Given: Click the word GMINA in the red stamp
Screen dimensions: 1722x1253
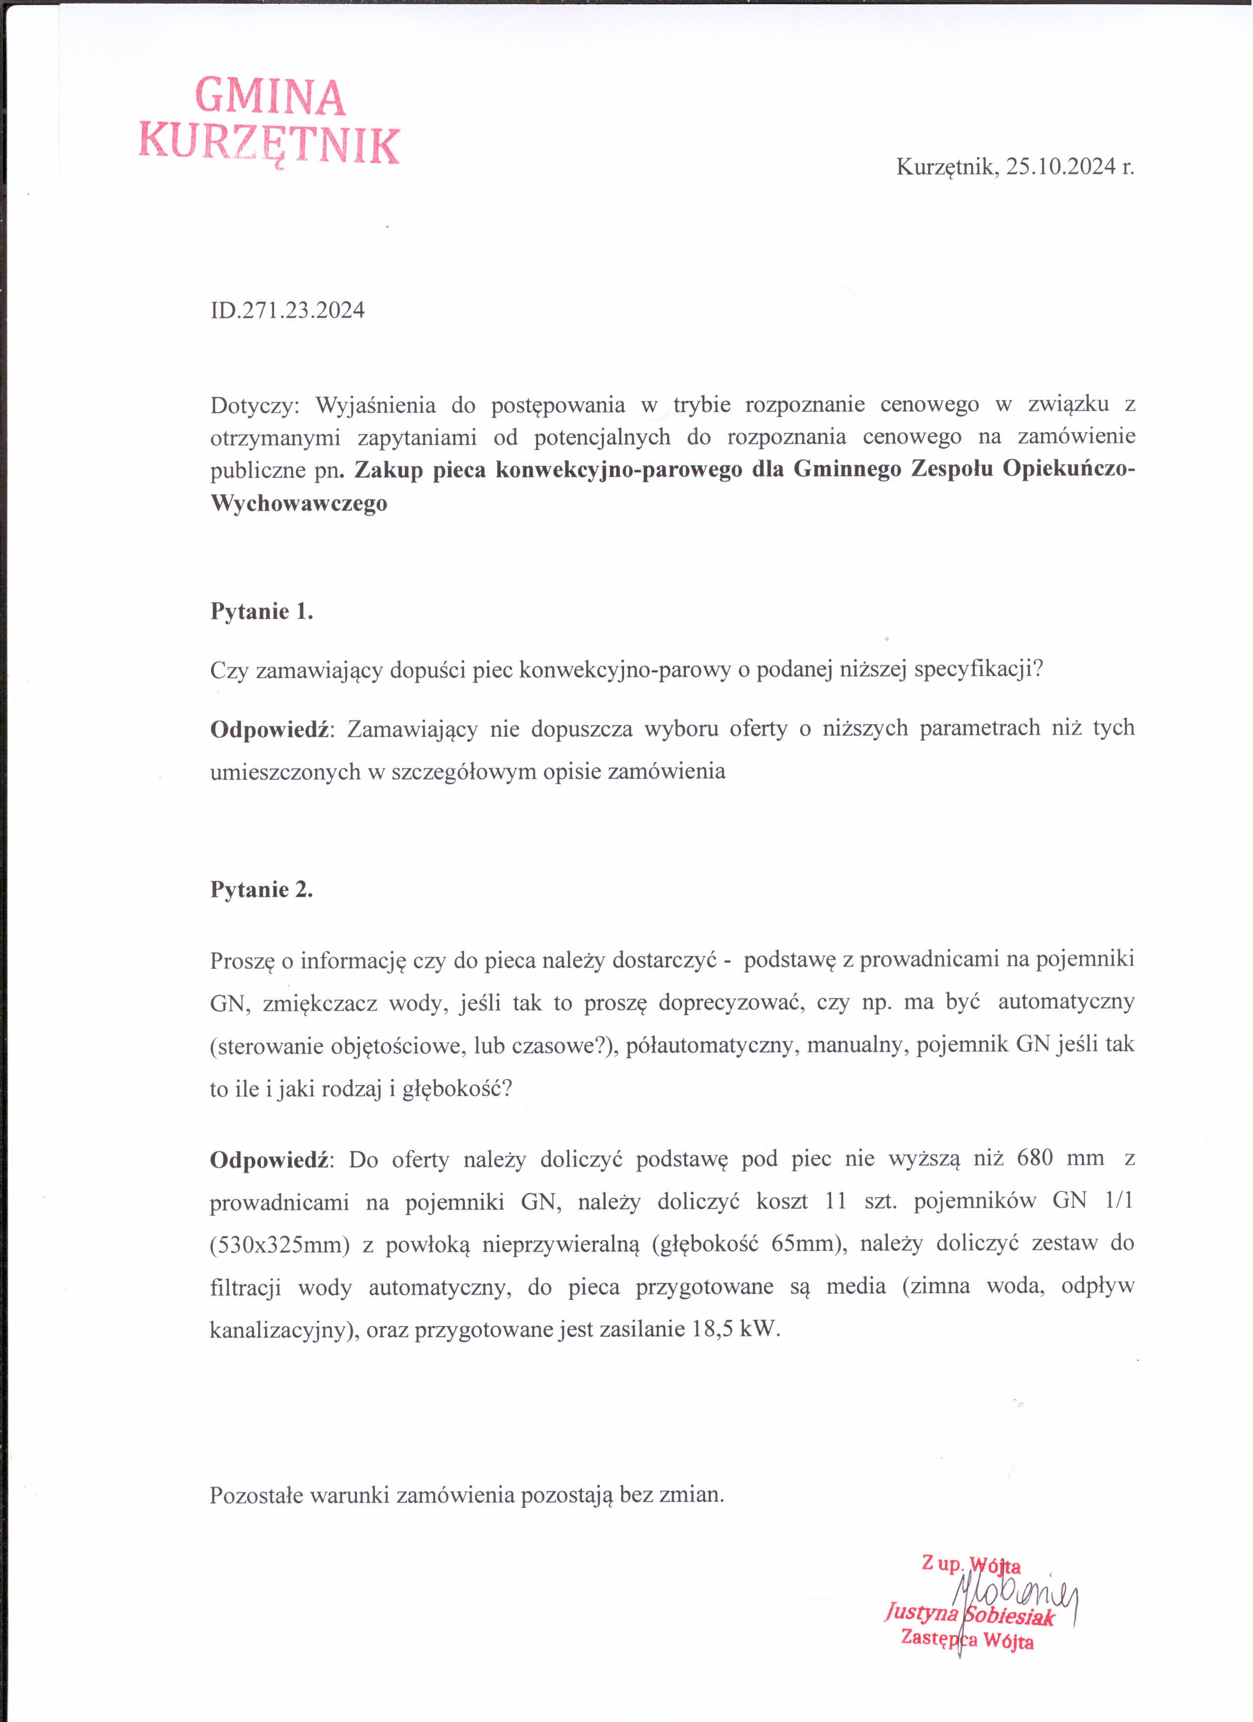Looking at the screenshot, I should click(270, 97).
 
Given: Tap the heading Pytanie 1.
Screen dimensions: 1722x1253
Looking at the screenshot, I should click(261, 611).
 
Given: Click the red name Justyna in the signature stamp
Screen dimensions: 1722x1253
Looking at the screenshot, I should click(921, 1611).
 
